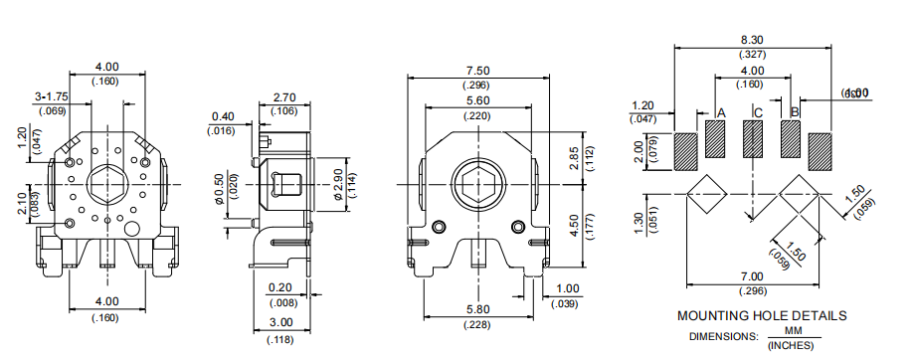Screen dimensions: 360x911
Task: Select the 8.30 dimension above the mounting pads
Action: tap(753, 39)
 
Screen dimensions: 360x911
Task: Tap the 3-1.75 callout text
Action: tap(51, 95)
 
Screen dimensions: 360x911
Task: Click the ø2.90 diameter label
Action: tap(337, 182)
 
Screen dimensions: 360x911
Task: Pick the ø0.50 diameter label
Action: tap(220, 188)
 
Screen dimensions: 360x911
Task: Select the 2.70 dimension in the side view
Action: tap(283, 97)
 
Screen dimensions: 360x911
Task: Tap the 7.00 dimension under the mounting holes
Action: tap(753, 275)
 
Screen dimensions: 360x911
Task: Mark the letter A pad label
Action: tap(722, 112)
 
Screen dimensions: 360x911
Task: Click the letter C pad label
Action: tap(758, 112)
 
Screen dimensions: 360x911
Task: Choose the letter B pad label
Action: tap(795, 112)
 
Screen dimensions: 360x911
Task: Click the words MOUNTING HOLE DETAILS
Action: tap(762, 315)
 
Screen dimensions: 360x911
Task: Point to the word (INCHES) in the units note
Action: tap(788, 344)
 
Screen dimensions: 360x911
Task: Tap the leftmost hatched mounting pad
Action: tap(685, 152)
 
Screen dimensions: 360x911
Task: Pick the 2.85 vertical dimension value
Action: tap(573, 157)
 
